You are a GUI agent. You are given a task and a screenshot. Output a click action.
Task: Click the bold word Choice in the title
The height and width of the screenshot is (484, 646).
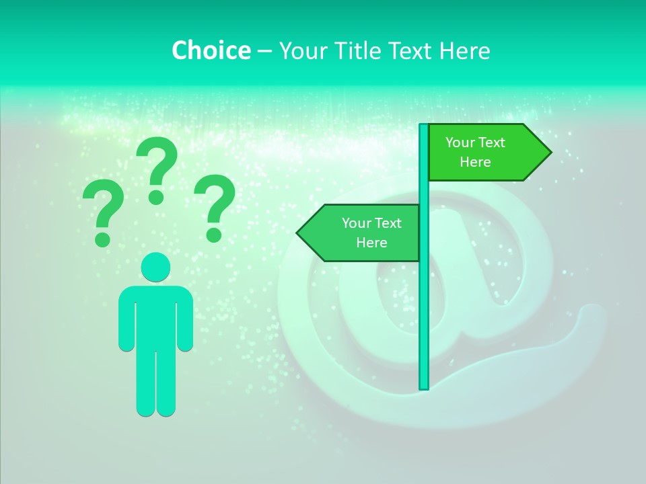211,50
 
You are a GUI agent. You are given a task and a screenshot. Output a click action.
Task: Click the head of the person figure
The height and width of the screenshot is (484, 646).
155,267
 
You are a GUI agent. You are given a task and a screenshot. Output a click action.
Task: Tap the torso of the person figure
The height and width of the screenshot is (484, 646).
155,316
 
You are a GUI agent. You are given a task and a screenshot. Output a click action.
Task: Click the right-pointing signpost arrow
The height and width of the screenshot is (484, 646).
485,153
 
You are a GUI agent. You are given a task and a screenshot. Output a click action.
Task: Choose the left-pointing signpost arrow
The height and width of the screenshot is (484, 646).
363,233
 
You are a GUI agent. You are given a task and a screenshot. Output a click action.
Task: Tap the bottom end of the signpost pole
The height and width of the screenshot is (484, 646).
424,386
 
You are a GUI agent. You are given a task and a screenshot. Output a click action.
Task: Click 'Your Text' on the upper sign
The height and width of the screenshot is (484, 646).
475,143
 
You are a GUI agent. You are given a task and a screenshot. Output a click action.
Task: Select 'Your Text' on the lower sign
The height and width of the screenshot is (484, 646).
371,223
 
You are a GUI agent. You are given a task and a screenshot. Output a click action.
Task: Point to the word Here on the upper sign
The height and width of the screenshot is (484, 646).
475,162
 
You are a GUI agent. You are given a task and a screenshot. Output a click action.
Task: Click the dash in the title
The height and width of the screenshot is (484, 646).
264,51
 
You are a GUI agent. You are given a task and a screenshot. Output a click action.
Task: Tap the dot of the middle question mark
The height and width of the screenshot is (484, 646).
156,197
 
